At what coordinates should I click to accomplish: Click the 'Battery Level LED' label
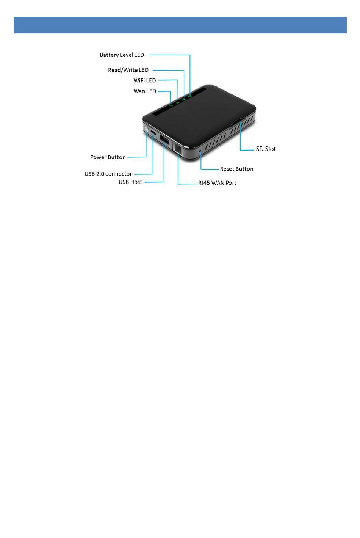(x=122, y=55)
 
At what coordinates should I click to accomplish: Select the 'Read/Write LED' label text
(x=128, y=70)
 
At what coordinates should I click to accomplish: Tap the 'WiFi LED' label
(x=144, y=80)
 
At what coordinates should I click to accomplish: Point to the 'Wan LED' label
(x=145, y=91)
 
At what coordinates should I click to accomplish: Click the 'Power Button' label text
(x=108, y=157)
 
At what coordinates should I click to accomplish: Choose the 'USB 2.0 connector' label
(x=108, y=174)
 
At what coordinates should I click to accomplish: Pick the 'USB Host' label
(x=130, y=182)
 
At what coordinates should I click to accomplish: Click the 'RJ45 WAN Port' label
(x=217, y=183)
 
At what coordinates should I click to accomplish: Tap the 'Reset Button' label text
(x=236, y=169)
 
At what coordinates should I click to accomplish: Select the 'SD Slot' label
(x=266, y=149)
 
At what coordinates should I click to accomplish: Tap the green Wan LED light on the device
(x=171, y=105)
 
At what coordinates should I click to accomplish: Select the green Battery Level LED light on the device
(x=189, y=96)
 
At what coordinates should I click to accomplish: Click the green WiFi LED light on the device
(x=177, y=102)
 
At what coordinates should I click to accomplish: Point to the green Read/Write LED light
(x=184, y=99)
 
